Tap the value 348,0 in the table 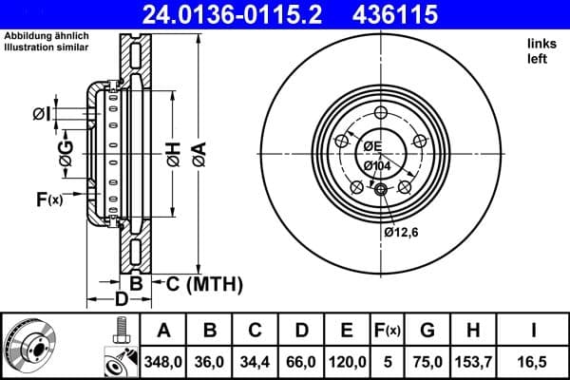coord(163,360)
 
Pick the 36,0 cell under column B coord(210,360)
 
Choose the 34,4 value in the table coord(256,360)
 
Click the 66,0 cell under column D coord(301,360)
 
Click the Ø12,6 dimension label coord(403,232)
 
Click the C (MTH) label coord(205,284)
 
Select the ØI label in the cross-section coord(41,115)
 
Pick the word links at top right coord(541,45)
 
